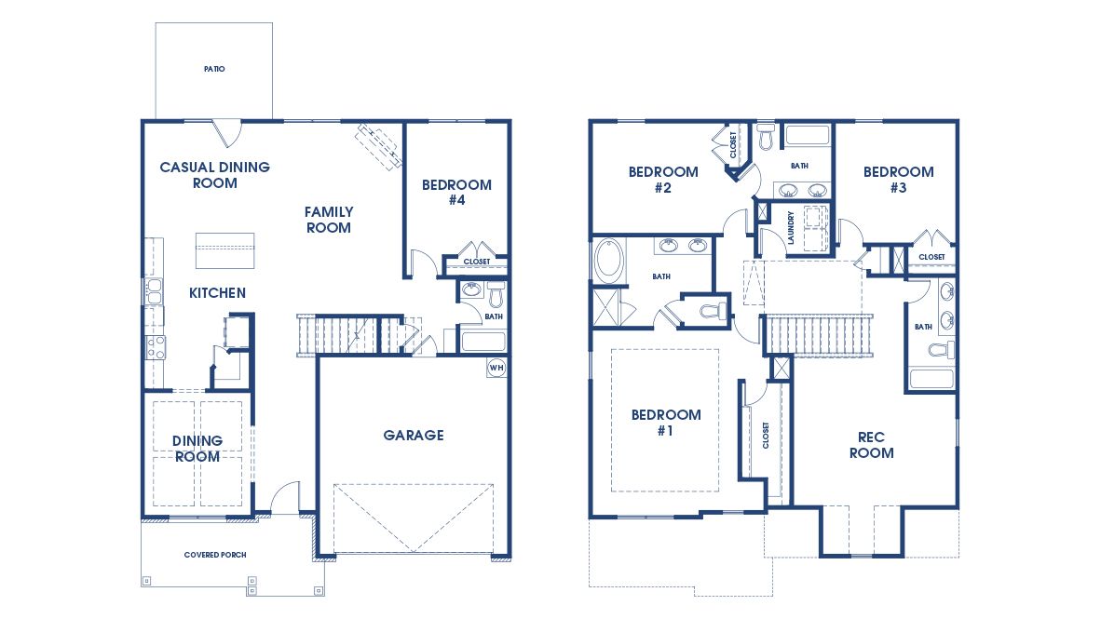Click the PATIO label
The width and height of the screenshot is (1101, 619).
coord(214,69)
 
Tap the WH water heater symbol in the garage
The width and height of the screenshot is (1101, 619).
coord(496,366)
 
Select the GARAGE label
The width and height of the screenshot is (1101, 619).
coord(414,435)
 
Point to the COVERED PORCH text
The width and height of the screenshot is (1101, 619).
coord(215,555)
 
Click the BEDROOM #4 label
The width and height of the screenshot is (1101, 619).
coord(456,192)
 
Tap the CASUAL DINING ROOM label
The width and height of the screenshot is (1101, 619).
coord(214,175)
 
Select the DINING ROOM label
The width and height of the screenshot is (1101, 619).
coord(197,449)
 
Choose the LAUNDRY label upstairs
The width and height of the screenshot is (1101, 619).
coord(790,226)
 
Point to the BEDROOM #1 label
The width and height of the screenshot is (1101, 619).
coord(665,423)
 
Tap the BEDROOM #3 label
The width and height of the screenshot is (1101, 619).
coord(898,179)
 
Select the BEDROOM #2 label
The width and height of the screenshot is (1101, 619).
coord(663,179)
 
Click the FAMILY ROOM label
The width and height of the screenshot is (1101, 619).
coord(328,220)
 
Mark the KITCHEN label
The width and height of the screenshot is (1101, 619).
coord(217,293)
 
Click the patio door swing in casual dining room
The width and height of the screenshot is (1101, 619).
coord(225,133)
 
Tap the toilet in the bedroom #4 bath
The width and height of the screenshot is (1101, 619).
coord(495,297)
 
